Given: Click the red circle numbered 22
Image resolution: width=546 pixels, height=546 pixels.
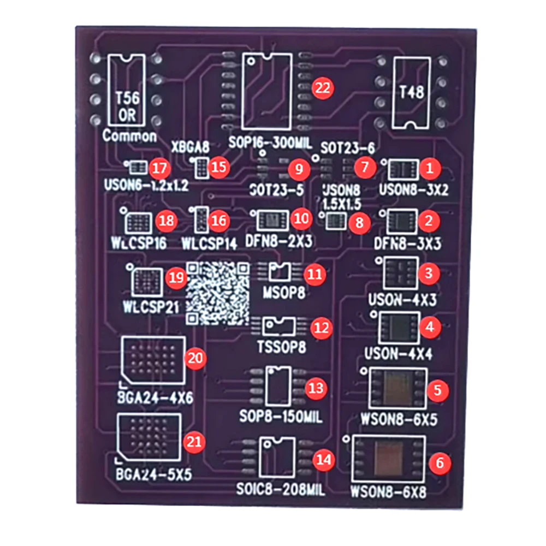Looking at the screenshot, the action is (323, 87).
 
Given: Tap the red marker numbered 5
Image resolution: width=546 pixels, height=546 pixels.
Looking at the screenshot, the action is (437, 390).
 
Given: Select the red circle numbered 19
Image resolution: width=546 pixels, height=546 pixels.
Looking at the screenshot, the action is (176, 278).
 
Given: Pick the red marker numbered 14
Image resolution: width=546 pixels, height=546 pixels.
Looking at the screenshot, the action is (324, 460).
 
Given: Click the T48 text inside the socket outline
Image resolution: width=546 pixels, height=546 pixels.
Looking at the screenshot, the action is (412, 92).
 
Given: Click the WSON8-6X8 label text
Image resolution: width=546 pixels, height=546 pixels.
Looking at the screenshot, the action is (389, 491).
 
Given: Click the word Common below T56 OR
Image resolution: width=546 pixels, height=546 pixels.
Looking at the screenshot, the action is (129, 136).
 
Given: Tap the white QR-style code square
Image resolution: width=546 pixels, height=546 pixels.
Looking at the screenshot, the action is (218, 293).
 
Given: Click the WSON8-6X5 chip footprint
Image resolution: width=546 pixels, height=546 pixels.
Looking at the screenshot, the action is (398, 388).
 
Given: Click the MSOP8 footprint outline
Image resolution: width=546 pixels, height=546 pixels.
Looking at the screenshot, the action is (282, 271).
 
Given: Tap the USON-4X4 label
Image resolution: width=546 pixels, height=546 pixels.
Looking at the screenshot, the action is (401, 354).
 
